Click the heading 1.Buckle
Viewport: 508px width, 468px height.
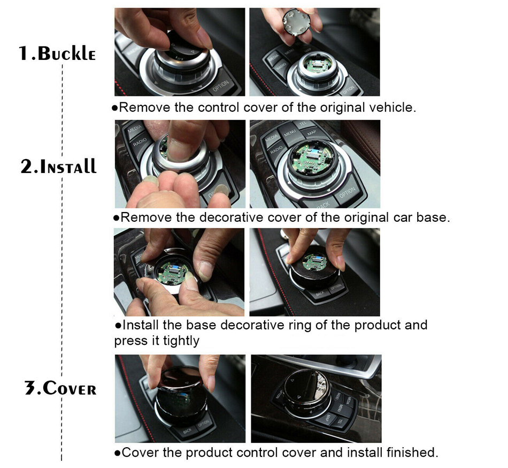pos(57,54)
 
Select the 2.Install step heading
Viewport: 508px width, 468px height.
pos(59,167)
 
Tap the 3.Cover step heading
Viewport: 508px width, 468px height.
pos(60,388)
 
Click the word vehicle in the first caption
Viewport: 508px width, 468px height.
pos(390,107)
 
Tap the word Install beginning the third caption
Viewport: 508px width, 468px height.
pos(141,324)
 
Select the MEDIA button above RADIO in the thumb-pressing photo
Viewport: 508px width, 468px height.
pos(134,129)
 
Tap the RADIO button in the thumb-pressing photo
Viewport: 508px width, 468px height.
pos(140,142)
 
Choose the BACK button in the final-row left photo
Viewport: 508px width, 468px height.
pos(188,431)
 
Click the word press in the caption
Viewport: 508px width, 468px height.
pos(128,342)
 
